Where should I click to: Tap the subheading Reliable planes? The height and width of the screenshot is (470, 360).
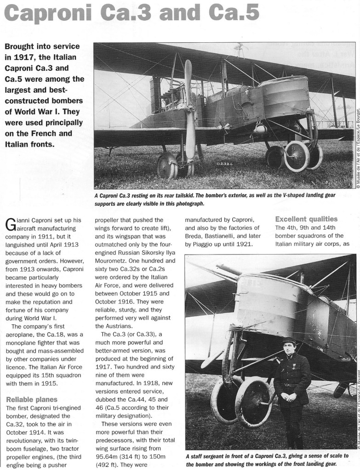[x=32, y=399]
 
